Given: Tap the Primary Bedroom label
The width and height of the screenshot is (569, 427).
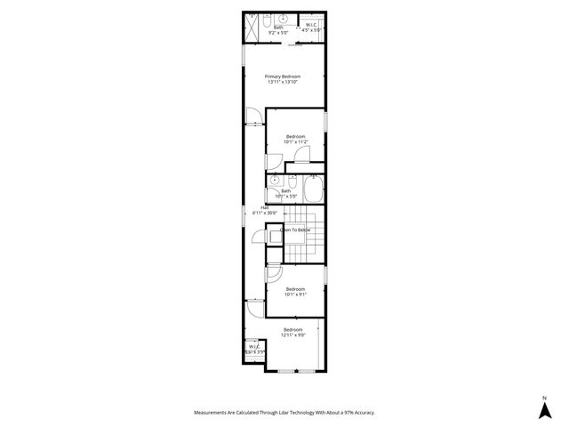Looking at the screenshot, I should pyautogui.click(x=283, y=77).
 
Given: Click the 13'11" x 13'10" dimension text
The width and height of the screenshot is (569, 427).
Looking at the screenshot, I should pyautogui.click(x=283, y=83).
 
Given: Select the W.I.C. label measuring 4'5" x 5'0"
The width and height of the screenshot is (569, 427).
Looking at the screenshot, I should pyautogui.click(x=310, y=28).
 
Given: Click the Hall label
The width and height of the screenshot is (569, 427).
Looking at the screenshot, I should pyautogui.click(x=265, y=207).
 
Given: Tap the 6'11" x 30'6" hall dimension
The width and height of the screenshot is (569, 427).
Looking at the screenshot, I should pyautogui.click(x=266, y=213).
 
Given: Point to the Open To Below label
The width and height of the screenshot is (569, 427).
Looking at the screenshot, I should pyautogui.click(x=295, y=230).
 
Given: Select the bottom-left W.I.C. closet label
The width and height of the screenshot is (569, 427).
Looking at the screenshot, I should pyautogui.click(x=255, y=347).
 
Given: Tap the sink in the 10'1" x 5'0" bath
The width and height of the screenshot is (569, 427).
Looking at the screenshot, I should pyautogui.click(x=275, y=181).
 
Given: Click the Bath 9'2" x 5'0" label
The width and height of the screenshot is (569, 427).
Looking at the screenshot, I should pyautogui.click(x=279, y=28).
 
